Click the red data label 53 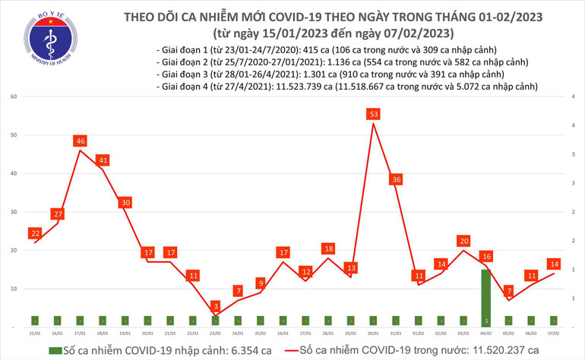(372, 114)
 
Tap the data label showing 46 (80, 141)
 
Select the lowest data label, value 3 (215, 305)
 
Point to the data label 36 (395, 179)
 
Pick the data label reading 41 (103, 160)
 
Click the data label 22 (34, 232)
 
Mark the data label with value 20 (463, 241)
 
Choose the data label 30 (125, 202)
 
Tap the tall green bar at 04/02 (485, 298)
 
